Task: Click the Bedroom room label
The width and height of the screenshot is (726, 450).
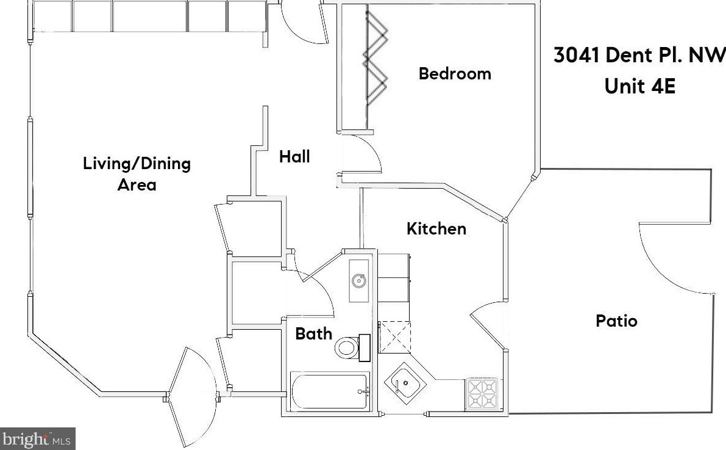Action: [x=455, y=74]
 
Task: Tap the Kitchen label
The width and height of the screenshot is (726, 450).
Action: [x=436, y=229]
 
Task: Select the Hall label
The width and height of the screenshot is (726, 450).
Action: [x=294, y=157]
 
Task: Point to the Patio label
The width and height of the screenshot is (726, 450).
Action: [x=616, y=321]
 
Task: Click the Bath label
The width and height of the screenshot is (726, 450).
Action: [x=314, y=333]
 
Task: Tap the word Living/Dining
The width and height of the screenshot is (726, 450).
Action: [x=137, y=164]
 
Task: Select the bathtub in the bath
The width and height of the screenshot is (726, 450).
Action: [x=330, y=391]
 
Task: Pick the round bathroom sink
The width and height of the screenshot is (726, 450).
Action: [x=359, y=280]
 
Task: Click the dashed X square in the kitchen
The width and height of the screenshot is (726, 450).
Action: [x=394, y=337]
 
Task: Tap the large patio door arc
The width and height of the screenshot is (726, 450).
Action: [x=671, y=256]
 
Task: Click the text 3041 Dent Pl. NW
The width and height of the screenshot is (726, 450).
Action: [x=639, y=56]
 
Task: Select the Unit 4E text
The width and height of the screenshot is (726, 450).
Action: [x=639, y=86]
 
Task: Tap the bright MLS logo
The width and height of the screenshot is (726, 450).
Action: [x=37, y=438]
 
